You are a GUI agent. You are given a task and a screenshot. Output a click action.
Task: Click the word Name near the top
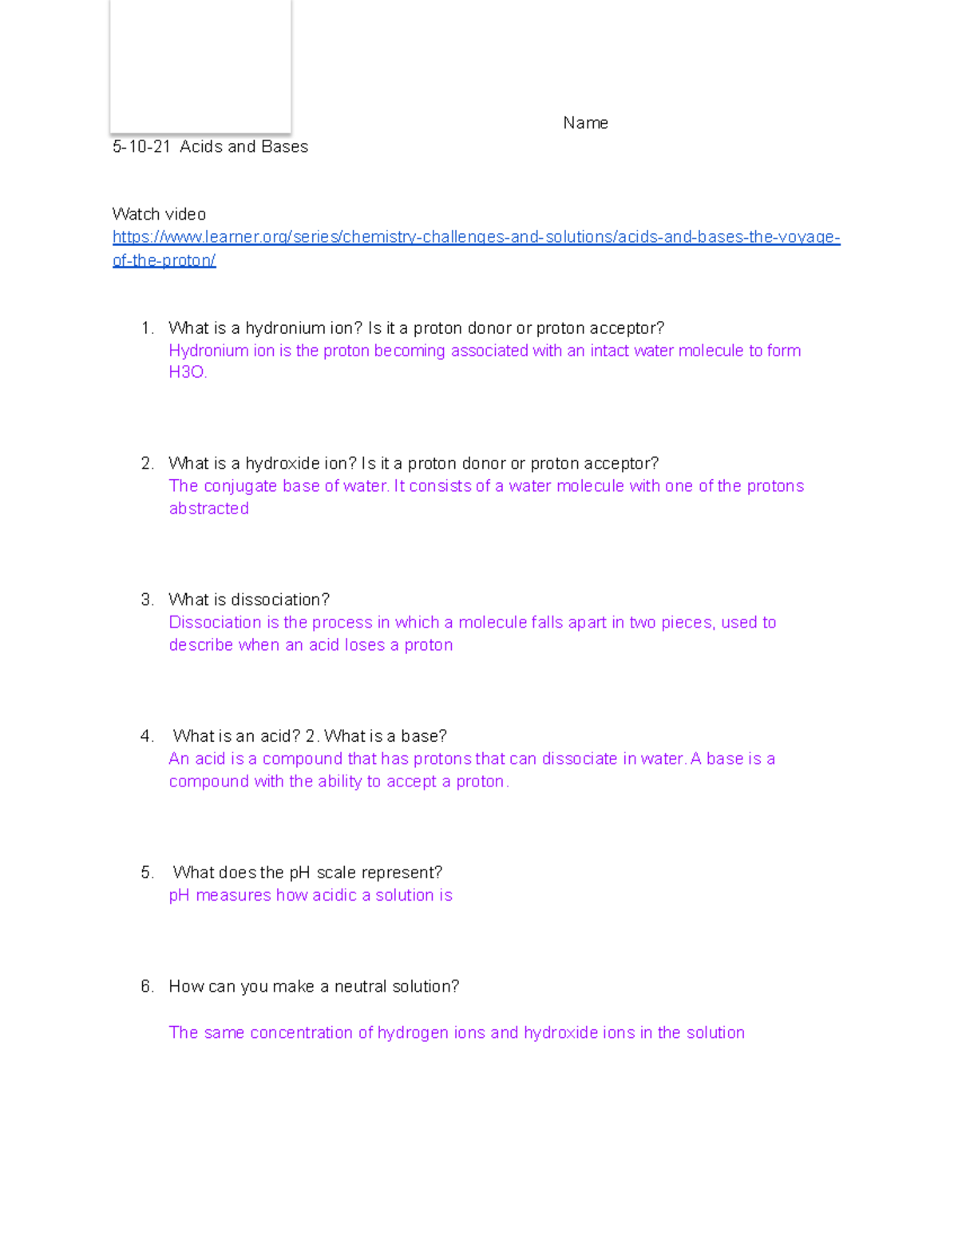click(585, 123)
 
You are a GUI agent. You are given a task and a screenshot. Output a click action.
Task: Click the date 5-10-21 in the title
click(141, 147)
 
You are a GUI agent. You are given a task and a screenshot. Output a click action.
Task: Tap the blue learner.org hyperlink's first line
click(476, 237)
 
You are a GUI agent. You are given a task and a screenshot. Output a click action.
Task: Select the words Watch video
click(159, 214)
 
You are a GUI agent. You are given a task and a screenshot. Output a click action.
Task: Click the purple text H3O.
click(188, 372)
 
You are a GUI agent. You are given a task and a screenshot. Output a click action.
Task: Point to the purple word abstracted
click(209, 509)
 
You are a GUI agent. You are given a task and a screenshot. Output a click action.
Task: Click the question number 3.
click(146, 600)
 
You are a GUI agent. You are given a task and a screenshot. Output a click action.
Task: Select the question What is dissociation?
click(248, 600)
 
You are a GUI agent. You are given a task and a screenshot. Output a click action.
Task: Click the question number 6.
click(146, 987)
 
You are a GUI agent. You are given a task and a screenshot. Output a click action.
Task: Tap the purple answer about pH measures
click(311, 895)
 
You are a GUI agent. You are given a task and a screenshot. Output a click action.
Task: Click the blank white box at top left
click(200, 65)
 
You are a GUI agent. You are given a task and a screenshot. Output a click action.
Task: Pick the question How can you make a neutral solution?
click(314, 987)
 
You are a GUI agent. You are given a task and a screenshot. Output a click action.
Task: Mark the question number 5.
click(146, 873)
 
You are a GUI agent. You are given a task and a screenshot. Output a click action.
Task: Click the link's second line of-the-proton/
click(164, 260)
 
